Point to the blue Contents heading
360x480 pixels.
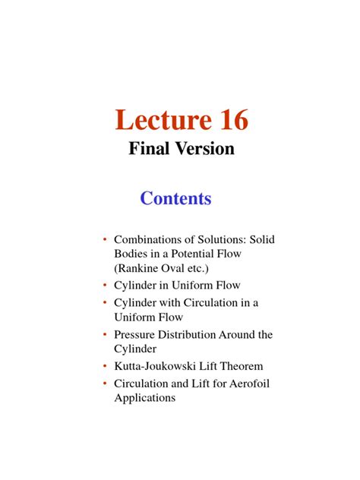pos(176,199)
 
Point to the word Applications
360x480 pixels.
pos(145,397)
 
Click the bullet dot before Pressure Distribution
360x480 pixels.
pos(105,334)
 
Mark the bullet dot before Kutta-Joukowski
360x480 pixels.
pos(105,367)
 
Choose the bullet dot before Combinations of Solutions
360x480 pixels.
pos(105,239)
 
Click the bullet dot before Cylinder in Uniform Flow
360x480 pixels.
pos(105,286)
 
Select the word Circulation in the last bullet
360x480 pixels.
pos(144,384)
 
